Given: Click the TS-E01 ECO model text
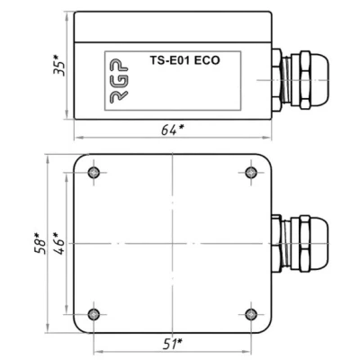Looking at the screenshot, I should coord(183,60).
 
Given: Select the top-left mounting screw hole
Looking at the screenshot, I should coord(94,172).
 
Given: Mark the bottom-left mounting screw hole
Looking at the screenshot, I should coord(94,313).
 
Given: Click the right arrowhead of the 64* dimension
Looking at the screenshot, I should coord(268,138).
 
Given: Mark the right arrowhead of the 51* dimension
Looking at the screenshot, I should coord(249,351).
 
